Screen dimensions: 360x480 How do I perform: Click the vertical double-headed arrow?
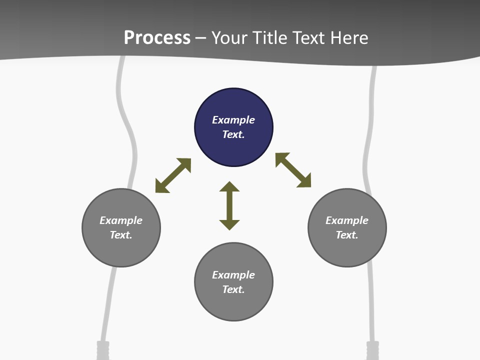point(229,205)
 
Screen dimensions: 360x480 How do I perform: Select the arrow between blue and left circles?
point(173,175)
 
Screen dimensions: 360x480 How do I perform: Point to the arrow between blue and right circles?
point(293,170)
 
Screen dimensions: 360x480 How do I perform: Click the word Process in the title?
point(157,37)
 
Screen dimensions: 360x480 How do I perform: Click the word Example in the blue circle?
point(233,120)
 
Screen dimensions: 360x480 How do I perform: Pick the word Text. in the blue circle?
point(233,134)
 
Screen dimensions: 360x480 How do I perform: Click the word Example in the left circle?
point(121,220)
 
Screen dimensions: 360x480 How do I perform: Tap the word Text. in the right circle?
point(347,235)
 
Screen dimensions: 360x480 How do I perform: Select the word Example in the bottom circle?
point(233,275)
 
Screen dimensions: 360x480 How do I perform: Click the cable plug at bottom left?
point(102,350)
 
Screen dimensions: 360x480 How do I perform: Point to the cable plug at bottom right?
point(373,350)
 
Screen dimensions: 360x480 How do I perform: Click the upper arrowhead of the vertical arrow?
point(229,187)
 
